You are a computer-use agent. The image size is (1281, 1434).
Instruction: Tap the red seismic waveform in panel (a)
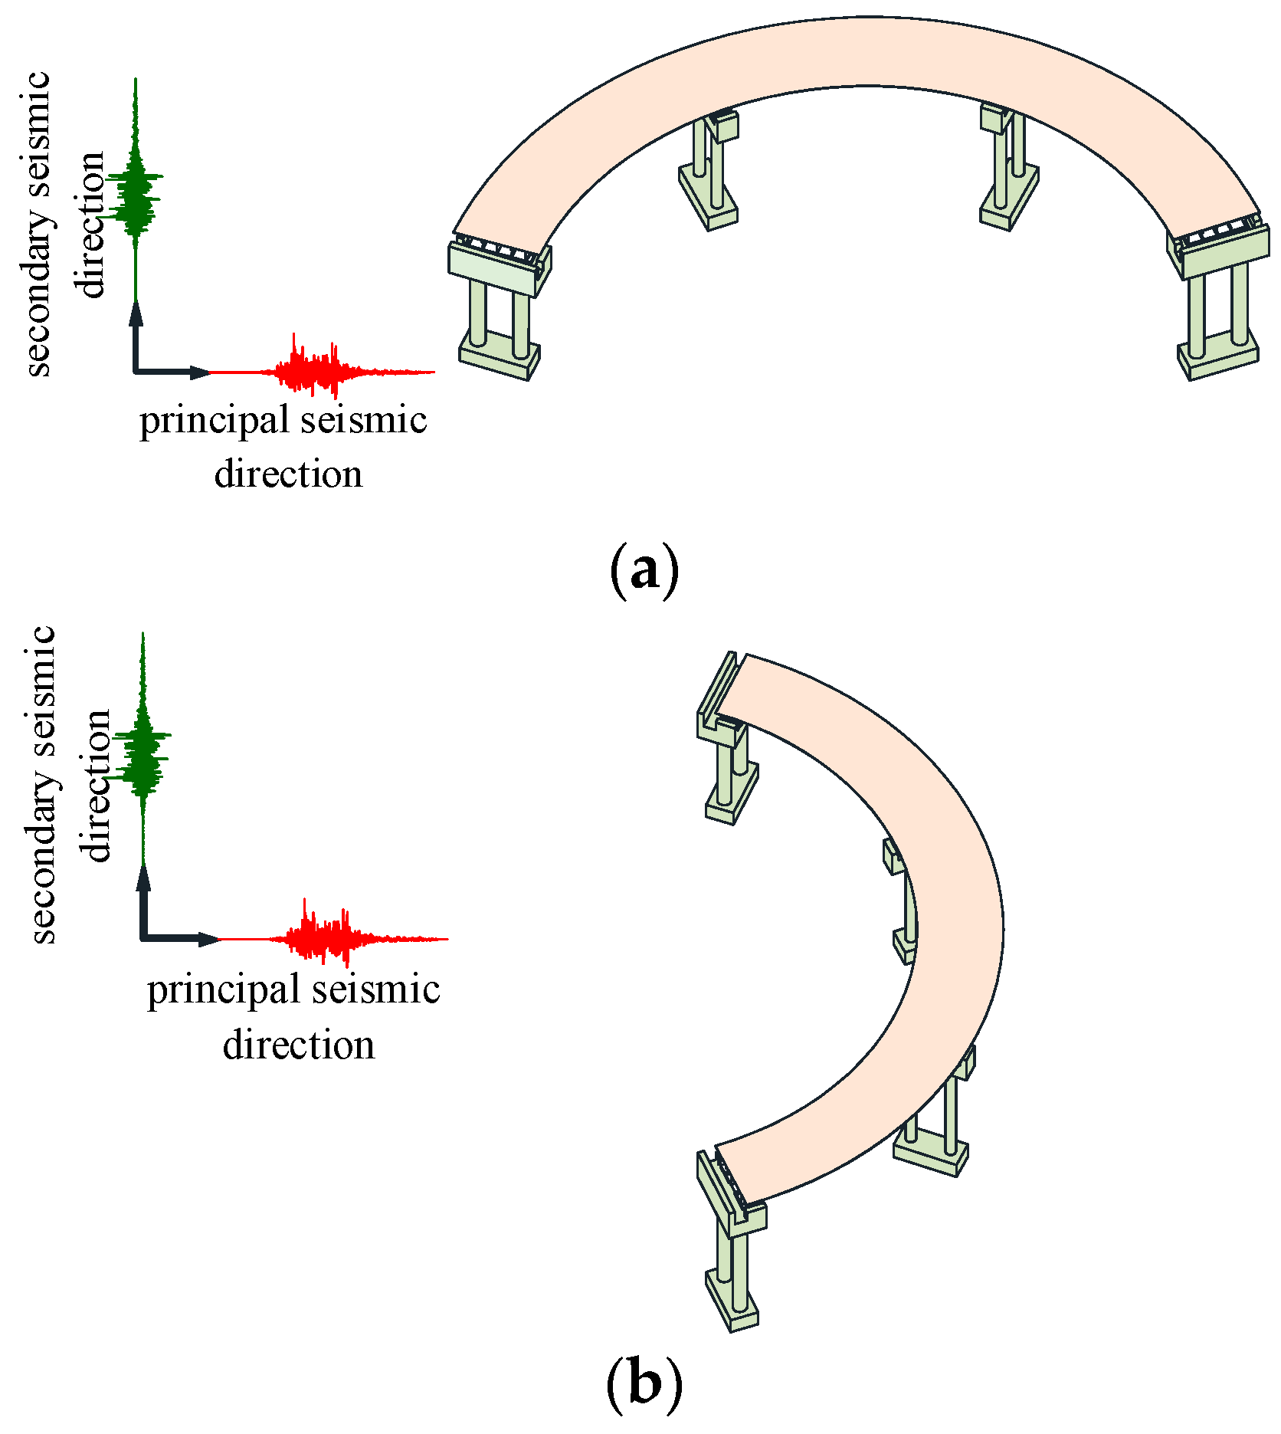tap(314, 371)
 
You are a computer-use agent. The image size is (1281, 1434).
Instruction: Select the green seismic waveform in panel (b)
tap(143, 755)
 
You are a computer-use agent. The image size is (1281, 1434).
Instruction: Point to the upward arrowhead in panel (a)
tap(136, 313)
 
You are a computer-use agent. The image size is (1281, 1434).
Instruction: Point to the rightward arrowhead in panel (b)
tap(208, 939)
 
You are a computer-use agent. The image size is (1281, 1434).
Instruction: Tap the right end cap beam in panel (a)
tap(1226, 253)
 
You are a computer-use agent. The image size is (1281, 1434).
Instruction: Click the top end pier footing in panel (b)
tap(731, 801)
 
